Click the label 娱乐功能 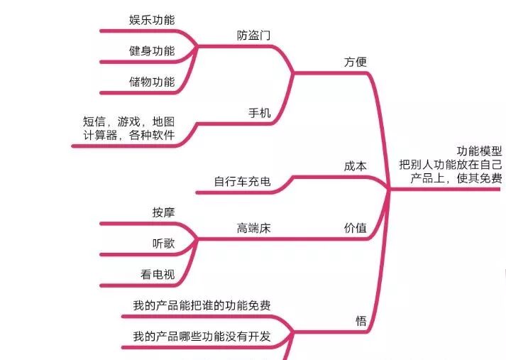[x=152, y=19]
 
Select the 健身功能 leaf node [x=152, y=50]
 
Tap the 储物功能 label [x=152, y=82]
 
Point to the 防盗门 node [x=254, y=35]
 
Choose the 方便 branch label [x=356, y=62]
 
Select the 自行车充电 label [x=242, y=182]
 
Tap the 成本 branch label [x=356, y=166]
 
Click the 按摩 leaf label [x=163, y=212]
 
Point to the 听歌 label [x=163, y=244]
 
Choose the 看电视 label [x=158, y=275]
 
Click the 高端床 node [x=254, y=228]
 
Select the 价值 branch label [x=356, y=228]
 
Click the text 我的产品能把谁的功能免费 [x=202, y=306]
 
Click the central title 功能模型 [x=479, y=151]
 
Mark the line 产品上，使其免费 [x=456, y=178]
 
